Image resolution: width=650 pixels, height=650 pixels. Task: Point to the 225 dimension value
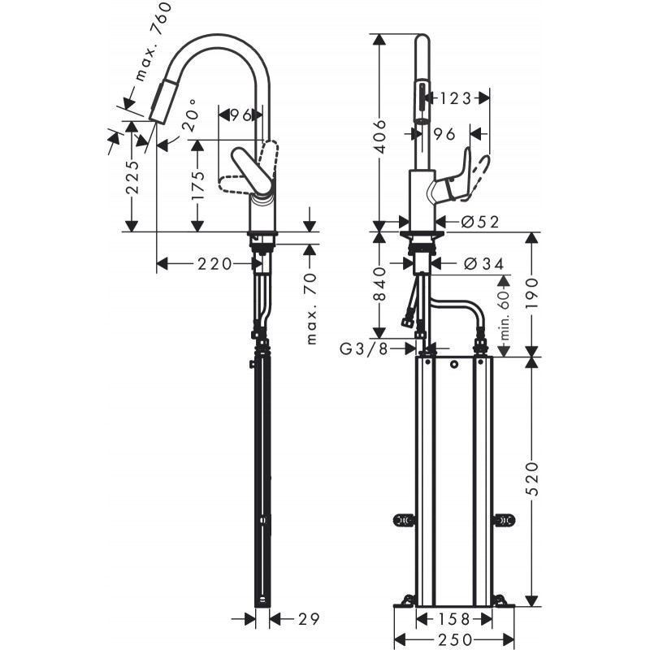(x=132, y=177)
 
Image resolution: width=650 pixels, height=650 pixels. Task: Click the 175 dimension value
(x=197, y=185)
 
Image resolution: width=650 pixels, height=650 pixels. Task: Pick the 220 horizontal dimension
(x=214, y=263)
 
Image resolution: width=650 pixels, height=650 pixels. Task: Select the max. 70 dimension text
(x=311, y=309)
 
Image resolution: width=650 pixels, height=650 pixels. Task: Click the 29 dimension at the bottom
(x=309, y=619)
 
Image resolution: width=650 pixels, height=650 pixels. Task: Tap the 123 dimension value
(x=455, y=98)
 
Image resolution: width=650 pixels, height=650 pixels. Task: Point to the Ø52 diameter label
(x=480, y=222)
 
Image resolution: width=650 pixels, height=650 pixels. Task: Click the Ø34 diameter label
(x=483, y=263)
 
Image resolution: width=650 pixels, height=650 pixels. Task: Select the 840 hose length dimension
(x=379, y=284)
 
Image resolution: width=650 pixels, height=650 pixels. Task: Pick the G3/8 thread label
(x=363, y=349)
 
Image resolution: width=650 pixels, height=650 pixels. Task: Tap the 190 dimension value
(x=532, y=293)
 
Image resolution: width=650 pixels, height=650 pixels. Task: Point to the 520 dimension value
(x=532, y=479)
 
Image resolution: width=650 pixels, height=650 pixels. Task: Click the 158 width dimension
(x=454, y=619)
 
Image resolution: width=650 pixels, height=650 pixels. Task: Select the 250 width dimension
(x=454, y=639)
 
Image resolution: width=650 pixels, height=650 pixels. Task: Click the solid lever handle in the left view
(x=252, y=170)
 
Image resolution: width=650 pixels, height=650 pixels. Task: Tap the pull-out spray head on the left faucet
(x=159, y=102)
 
